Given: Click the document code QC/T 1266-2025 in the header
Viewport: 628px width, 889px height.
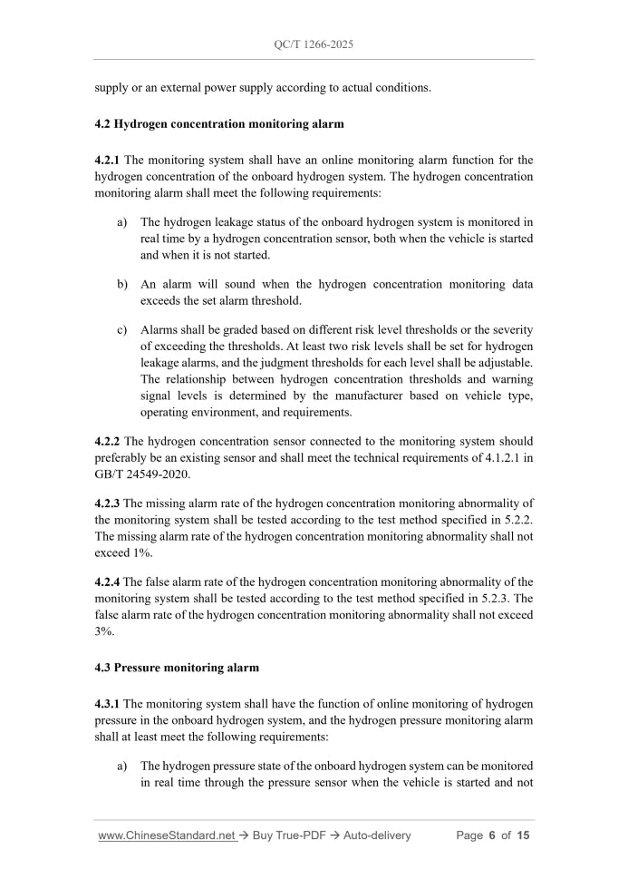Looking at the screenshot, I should point(314,43).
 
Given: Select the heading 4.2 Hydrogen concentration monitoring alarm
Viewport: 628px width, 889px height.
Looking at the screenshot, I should point(218,123).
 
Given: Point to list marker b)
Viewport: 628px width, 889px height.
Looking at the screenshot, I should point(122,284).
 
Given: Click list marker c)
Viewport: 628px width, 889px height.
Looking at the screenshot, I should point(122,328).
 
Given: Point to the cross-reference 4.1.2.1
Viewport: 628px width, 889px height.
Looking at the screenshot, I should point(491,458).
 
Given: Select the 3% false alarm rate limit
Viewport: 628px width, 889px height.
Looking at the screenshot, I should point(103,631).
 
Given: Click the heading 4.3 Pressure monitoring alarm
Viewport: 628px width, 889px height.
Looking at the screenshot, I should point(177,668).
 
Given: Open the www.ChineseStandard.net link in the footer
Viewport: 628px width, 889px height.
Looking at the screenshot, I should point(167,835).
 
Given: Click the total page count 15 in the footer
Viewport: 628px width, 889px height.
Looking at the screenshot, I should point(523,835).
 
